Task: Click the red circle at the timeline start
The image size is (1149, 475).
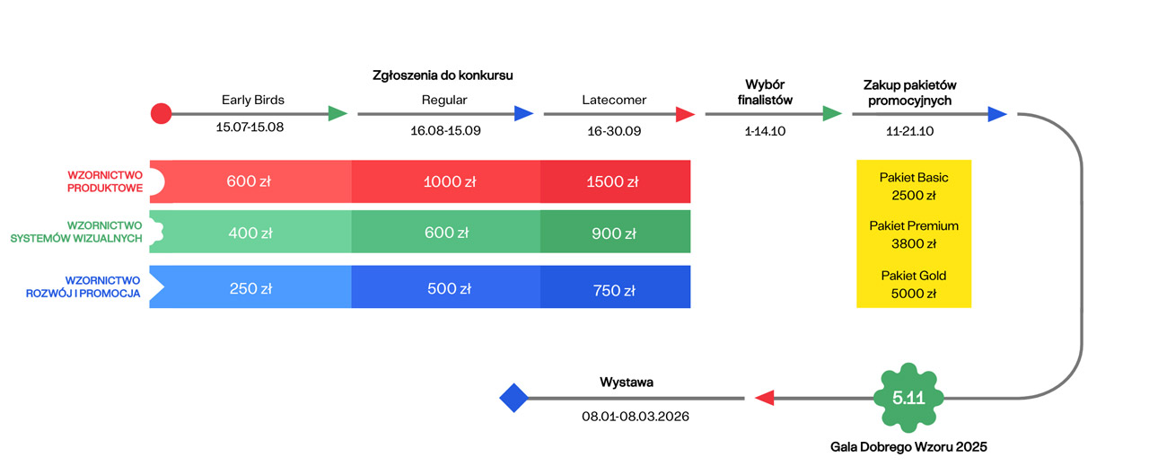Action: pos(161,114)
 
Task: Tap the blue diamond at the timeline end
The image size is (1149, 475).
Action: pos(513,398)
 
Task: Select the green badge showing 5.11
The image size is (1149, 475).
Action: pos(908,398)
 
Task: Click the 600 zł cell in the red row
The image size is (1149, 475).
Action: pos(249,181)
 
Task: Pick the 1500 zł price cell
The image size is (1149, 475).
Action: pos(615,181)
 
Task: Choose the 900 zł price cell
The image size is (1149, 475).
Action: pos(615,233)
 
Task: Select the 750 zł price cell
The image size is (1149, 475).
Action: pos(615,290)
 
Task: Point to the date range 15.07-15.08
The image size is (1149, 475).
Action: pos(250,128)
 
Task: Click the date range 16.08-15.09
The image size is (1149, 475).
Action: pos(445,130)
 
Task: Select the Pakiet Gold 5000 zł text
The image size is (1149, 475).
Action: pos(914,284)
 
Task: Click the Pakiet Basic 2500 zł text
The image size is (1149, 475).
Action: pos(914,186)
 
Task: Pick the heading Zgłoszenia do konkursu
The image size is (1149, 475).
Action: pos(448,75)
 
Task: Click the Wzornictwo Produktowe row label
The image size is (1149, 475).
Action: pos(105,181)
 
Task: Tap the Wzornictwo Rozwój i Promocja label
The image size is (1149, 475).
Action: pos(102,286)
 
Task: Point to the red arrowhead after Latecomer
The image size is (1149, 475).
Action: pos(685,114)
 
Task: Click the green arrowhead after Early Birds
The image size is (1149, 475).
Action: pos(338,114)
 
